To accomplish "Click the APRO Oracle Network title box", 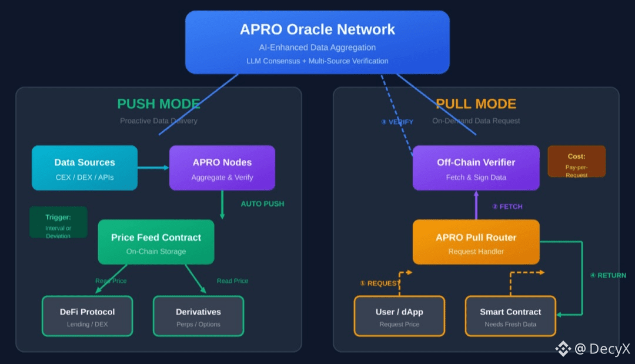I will click(317, 42).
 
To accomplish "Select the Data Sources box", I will click(85, 168).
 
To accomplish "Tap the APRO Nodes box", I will click(222, 168).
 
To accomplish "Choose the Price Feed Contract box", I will click(156, 242).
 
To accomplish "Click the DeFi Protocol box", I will click(88, 316).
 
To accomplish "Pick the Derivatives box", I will click(198, 316).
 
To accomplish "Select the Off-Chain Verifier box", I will click(476, 168).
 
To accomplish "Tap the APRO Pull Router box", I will click(476, 242).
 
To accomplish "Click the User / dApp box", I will click(399, 316).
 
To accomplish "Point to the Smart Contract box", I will click(510, 316).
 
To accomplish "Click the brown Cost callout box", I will click(576, 162).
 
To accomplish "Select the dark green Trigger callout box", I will click(58, 223).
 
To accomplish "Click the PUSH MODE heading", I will click(159, 104).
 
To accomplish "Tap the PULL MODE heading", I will click(476, 104).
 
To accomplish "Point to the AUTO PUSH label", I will click(262, 204).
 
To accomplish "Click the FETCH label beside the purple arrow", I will click(507, 206).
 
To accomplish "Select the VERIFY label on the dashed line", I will click(397, 122).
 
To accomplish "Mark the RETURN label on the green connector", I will click(608, 275).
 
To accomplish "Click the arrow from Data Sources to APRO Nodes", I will click(153, 168).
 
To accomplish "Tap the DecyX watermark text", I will click(601, 349).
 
